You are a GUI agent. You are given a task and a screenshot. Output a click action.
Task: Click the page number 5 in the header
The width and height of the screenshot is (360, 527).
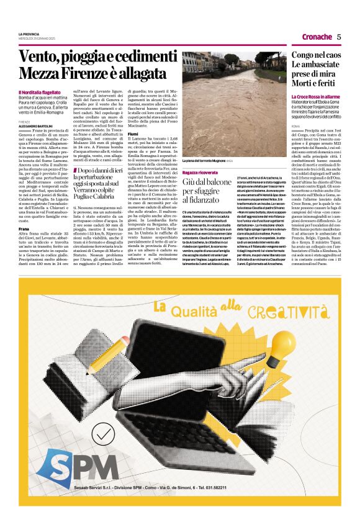coord(339,37)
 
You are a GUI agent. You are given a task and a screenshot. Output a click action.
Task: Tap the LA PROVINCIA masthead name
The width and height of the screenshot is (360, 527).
coord(29,33)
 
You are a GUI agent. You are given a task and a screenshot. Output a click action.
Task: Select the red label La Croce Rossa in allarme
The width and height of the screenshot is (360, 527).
coord(315,97)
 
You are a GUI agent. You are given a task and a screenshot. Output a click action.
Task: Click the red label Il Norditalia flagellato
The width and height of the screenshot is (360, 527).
coord(43,92)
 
